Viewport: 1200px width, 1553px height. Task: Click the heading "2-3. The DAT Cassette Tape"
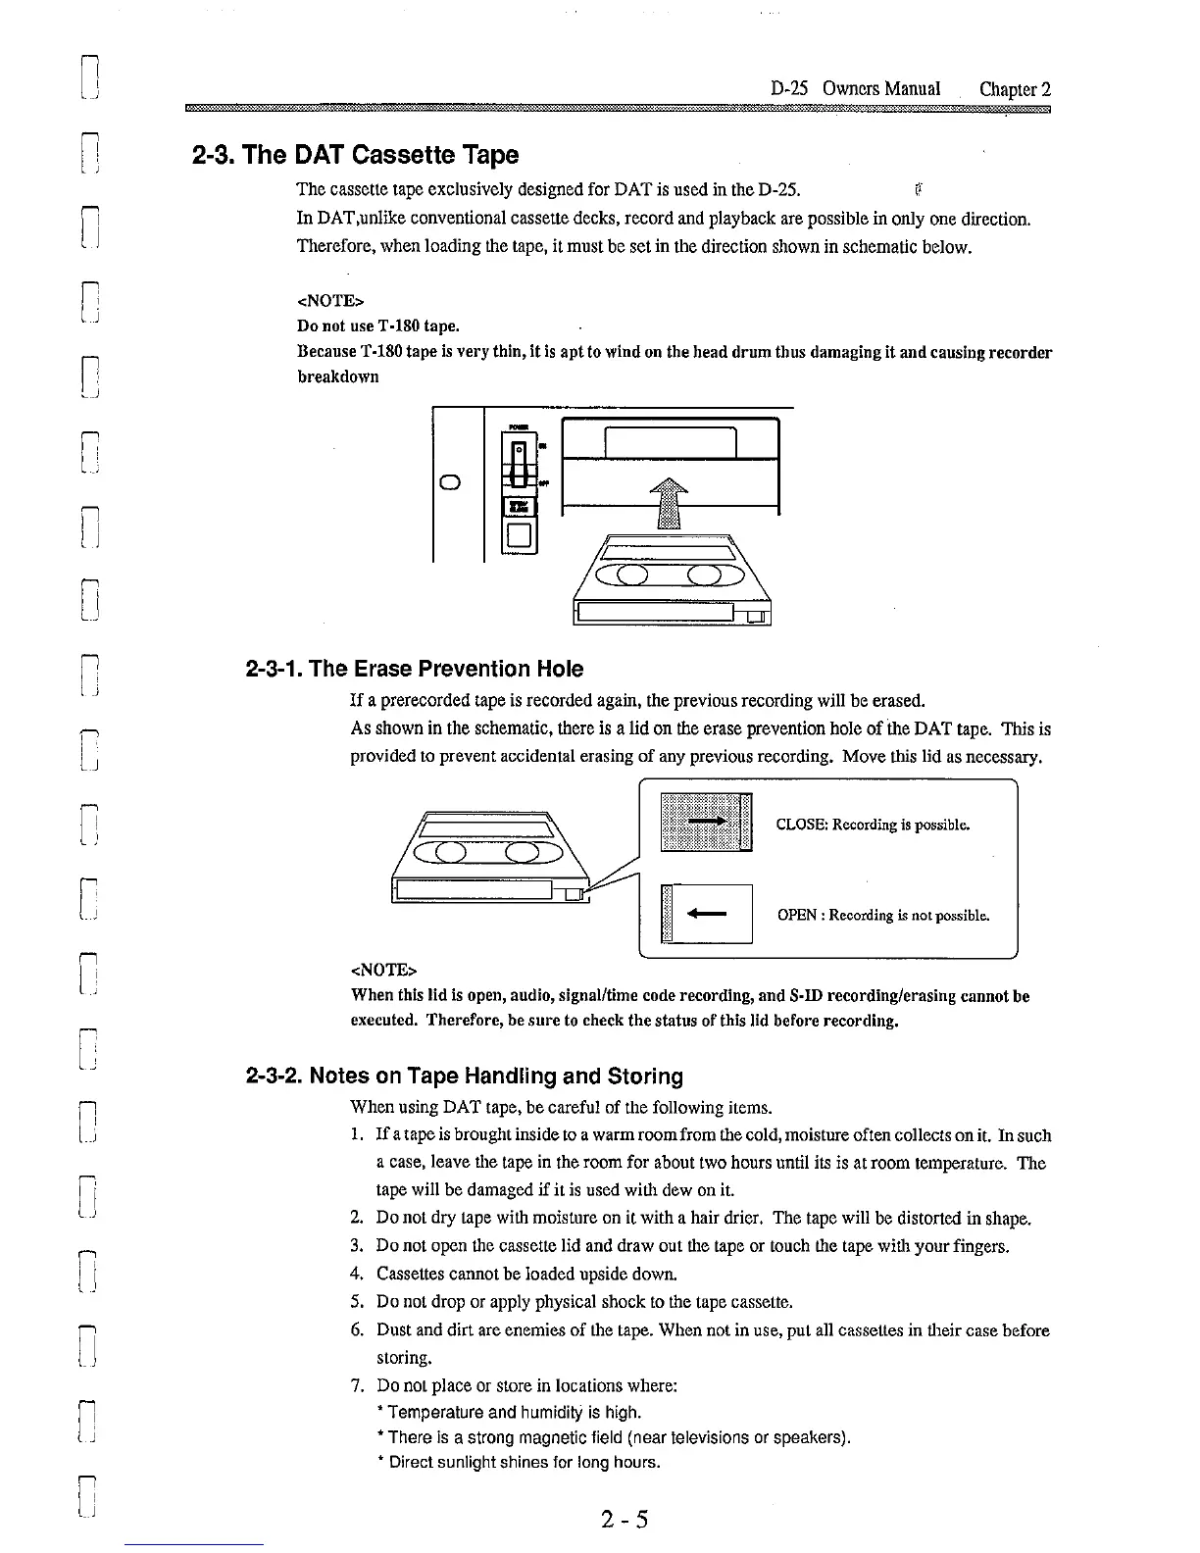pyautogui.click(x=354, y=155)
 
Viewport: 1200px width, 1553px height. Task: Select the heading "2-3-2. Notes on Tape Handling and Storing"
pyautogui.click(x=464, y=1076)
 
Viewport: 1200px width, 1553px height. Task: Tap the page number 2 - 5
pyautogui.click(x=625, y=1520)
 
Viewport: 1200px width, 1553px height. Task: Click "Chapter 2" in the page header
pyautogui.click(x=1015, y=89)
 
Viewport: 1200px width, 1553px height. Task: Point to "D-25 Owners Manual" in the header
pyautogui.click(x=855, y=89)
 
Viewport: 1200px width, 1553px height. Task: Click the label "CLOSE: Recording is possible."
pyautogui.click(x=873, y=825)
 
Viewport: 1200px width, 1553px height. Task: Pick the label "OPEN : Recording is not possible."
pyautogui.click(x=882, y=916)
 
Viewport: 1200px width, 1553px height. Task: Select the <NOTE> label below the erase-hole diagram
pyautogui.click(x=383, y=970)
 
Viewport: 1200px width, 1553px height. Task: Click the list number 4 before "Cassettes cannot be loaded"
pyautogui.click(x=357, y=1274)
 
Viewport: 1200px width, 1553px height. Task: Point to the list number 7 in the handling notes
pyautogui.click(x=357, y=1385)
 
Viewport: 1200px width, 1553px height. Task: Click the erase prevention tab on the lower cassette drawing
pyautogui.click(x=572, y=891)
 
